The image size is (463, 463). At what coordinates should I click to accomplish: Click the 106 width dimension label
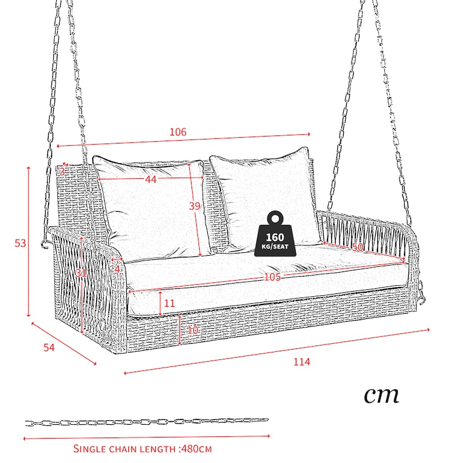[178, 132]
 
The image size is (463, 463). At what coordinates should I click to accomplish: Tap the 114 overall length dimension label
[302, 362]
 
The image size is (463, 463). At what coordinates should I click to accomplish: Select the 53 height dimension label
[20, 243]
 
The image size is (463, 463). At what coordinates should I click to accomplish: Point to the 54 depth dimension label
[49, 348]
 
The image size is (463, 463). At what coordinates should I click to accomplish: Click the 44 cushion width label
[150, 179]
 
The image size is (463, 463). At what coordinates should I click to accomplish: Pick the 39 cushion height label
[194, 206]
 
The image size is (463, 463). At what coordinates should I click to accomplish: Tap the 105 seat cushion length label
[272, 277]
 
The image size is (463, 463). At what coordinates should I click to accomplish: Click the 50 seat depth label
[358, 247]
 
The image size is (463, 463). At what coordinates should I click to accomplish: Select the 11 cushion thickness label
[169, 303]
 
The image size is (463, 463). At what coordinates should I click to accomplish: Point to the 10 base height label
[193, 330]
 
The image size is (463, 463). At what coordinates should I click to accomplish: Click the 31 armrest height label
[80, 273]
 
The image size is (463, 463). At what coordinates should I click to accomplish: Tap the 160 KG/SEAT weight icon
[275, 234]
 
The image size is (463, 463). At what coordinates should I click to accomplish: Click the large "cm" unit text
[381, 395]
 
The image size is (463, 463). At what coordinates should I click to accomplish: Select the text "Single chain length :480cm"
[142, 449]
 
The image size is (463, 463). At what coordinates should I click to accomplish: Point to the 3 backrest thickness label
[62, 171]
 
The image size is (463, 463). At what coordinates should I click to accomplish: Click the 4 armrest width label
[117, 269]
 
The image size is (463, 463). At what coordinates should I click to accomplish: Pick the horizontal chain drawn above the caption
[147, 422]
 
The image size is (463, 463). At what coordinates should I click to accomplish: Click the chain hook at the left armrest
[45, 244]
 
